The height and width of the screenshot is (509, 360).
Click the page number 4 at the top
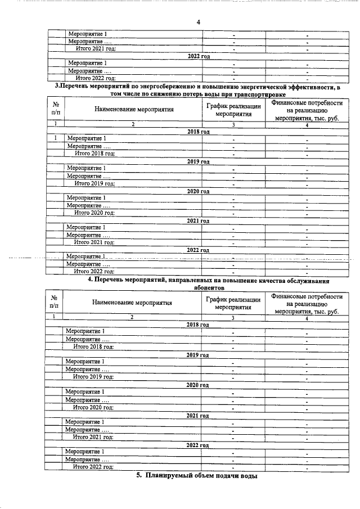click(x=198, y=22)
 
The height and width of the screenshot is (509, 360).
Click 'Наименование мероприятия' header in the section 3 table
click(x=134, y=110)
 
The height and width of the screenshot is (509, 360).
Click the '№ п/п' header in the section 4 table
click(x=54, y=303)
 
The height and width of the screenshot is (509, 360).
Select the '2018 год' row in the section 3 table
click(x=198, y=131)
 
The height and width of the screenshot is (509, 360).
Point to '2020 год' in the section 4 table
click(x=197, y=385)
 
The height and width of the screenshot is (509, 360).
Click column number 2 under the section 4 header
click(x=132, y=318)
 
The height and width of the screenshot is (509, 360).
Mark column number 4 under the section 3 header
click(x=307, y=124)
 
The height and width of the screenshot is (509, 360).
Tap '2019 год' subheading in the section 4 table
click(x=197, y=355)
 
